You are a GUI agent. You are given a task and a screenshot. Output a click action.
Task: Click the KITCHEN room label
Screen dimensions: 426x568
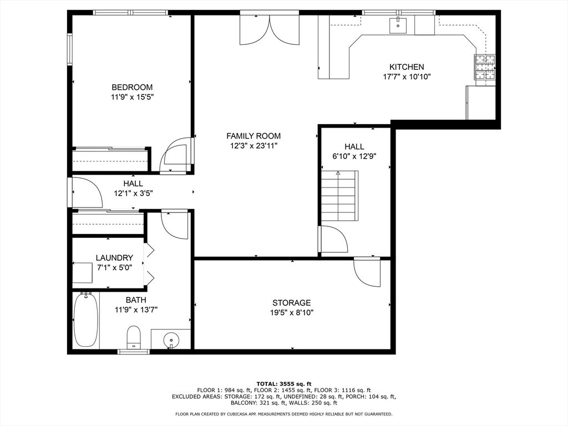pos(406,67)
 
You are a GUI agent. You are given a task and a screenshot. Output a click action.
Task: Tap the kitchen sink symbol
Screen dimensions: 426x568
pos(398,24)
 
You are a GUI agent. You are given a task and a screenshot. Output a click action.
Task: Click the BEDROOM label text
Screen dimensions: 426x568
pos(132,87)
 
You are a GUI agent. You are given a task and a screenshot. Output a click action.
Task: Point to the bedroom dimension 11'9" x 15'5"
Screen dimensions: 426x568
pos(132,97)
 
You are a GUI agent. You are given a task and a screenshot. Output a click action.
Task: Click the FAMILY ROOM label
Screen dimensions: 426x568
pos(253,136)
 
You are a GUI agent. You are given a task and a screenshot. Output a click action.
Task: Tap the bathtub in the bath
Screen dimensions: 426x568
pos(86,319)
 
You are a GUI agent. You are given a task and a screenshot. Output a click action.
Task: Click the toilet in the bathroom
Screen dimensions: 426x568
pos(134,337)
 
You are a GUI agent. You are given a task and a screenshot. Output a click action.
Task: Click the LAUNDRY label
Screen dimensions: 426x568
pos(114,257)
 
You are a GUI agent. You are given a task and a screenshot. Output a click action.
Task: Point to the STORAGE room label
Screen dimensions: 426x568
pos(291,302)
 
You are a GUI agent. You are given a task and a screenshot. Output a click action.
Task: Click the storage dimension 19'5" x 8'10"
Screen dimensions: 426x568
pos(291,312)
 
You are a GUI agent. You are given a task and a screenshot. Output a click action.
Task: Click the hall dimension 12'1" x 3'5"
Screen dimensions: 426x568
pos(133,194)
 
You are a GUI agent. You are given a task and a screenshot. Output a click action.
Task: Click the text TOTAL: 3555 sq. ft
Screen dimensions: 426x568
pos(283,384)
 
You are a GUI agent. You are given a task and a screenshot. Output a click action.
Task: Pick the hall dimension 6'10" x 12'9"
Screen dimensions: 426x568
pos(354,157)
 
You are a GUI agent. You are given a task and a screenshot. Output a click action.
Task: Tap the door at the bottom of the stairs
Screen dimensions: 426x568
pos(334,239)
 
